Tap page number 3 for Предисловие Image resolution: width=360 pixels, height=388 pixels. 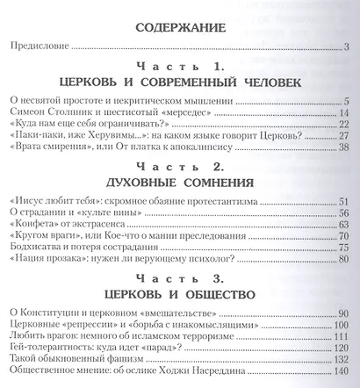click(x=348, y=47)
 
